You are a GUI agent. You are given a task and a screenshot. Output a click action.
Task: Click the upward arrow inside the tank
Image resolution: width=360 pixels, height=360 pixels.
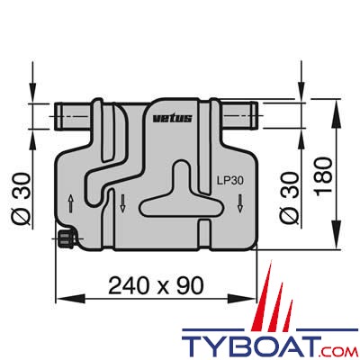pos(72,200)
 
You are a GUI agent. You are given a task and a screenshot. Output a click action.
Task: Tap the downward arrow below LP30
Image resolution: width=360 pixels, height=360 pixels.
pos(241,203)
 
